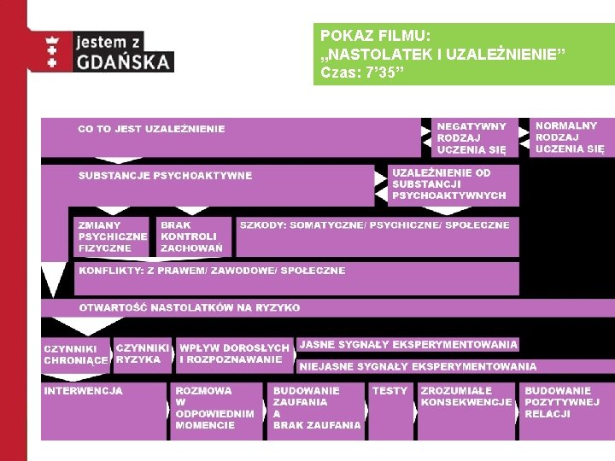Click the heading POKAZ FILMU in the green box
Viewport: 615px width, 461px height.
(375, 36)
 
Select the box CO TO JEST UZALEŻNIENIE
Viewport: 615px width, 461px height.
(152, 129)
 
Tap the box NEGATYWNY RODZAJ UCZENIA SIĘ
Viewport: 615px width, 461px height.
(471, 137)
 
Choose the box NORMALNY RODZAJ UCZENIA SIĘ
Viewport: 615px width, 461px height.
(569, 137)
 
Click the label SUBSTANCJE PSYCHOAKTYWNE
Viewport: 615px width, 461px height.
(166, 176)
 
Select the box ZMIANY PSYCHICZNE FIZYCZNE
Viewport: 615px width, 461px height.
(113, 236)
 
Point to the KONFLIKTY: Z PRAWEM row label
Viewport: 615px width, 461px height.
(212, 271)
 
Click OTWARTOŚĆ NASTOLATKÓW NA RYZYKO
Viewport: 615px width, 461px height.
(190, 307)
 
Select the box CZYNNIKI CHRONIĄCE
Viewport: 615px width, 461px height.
(77, 354)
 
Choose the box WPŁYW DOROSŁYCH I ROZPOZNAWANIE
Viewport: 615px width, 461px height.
(234, 353)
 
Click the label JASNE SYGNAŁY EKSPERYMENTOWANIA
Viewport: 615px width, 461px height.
(408, 345)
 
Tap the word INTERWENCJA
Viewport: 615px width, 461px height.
(84, 391)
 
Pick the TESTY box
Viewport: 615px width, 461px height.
(389, 391)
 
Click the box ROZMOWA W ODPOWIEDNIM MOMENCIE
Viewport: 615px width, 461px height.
(214, 408)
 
